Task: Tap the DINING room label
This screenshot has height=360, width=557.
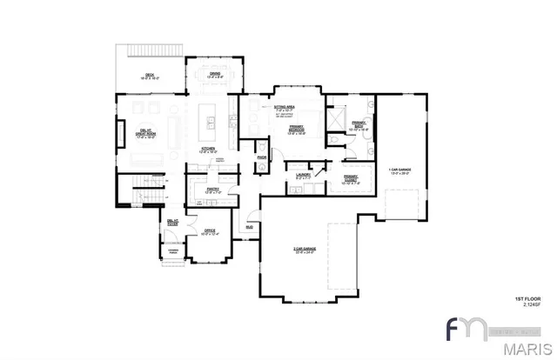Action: point(216,75)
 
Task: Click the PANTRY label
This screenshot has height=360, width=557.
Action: point(212,189)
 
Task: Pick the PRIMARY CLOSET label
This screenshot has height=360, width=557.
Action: point(351,180)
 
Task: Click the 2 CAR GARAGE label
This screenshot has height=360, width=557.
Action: point(304,250)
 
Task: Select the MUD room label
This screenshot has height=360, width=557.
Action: point(249,227)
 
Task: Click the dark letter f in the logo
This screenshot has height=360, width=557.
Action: point(454,333)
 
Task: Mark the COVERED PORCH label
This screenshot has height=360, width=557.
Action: point(172,252)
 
